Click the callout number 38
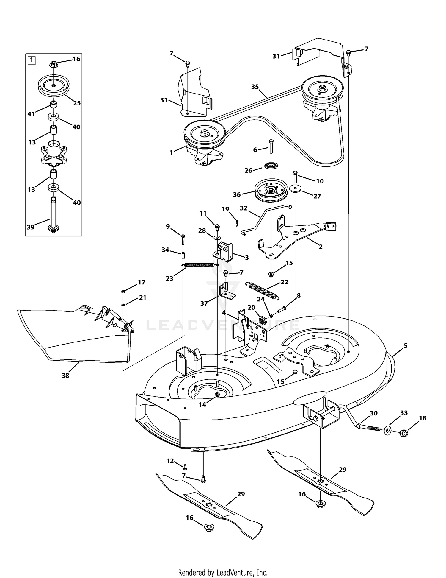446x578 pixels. pos(65,376)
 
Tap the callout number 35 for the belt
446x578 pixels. pos(255,87)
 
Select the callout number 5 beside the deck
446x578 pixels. pos(406,346)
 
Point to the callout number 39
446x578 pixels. pos(31,227)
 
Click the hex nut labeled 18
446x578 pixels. pos(403,433)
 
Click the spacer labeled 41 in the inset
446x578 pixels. pos(54,105)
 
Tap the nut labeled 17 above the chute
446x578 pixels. pos(124,291)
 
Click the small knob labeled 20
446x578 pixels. pos(262,321)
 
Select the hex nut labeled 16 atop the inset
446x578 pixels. pos(54,64)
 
